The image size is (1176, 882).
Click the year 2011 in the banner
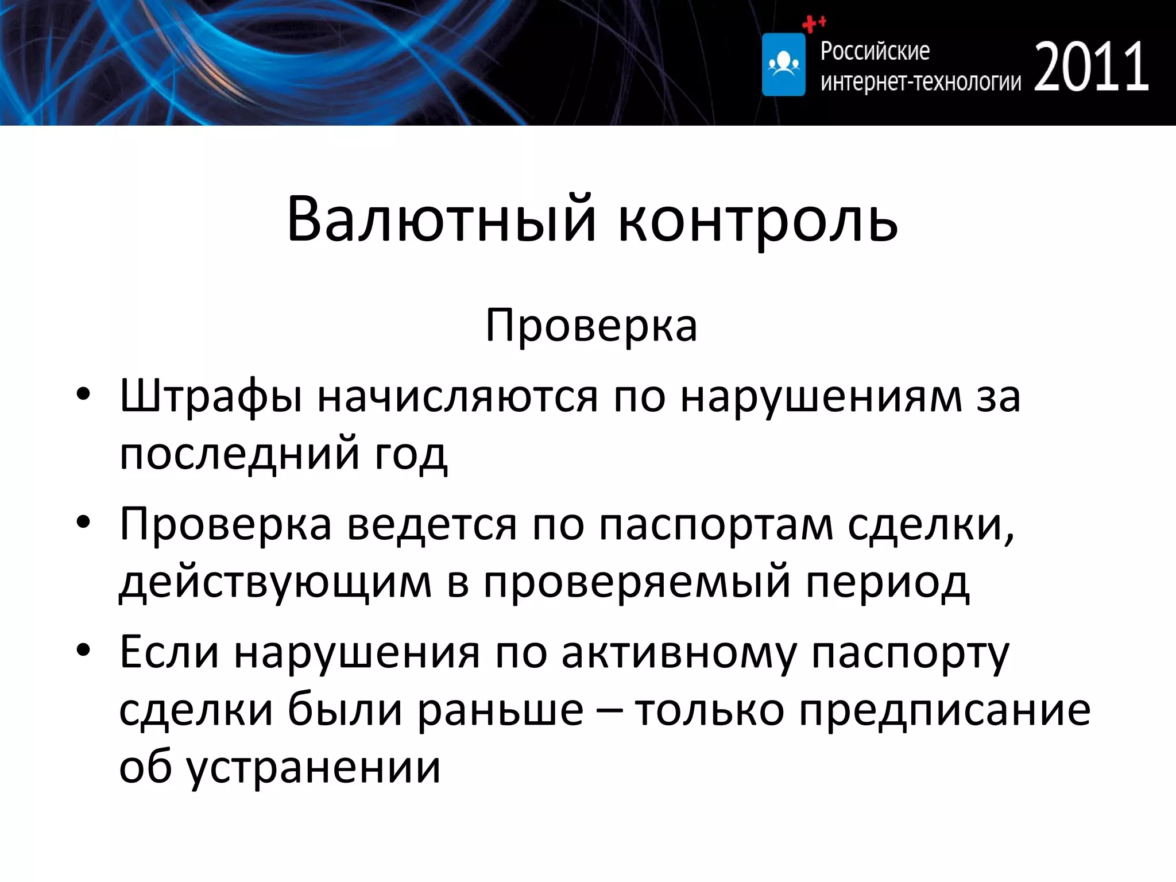tap(1091, 67)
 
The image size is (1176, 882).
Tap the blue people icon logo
tap(783, 64)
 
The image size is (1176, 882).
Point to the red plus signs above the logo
tap(813, 24)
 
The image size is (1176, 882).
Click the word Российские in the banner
tap(875, 51)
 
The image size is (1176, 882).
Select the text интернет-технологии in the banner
tap(920, 82)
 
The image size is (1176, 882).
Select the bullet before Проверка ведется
tap(84, 523)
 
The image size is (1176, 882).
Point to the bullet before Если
tap(84, 651)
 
